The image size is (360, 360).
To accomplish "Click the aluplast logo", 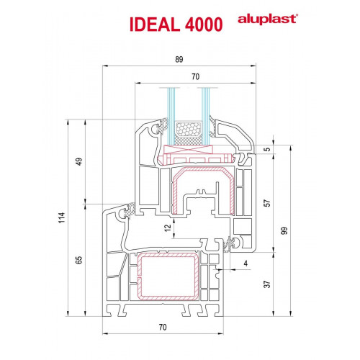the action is [x=268, y=19].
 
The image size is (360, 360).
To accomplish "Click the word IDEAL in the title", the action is [x=155, y=24].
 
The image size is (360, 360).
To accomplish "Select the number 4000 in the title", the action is [x=204, y=24].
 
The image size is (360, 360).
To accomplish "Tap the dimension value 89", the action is [x=179, y=59].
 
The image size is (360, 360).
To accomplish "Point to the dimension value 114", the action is [x=62, y=217].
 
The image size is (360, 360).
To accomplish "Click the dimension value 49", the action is [x=79, y=161].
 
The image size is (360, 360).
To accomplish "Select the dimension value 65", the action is [x=79, y=260].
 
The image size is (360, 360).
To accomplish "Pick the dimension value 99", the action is [x=284, y=230].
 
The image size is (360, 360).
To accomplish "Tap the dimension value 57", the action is [x=267, y=203].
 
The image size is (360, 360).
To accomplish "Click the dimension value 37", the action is [x=267, y=284].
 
